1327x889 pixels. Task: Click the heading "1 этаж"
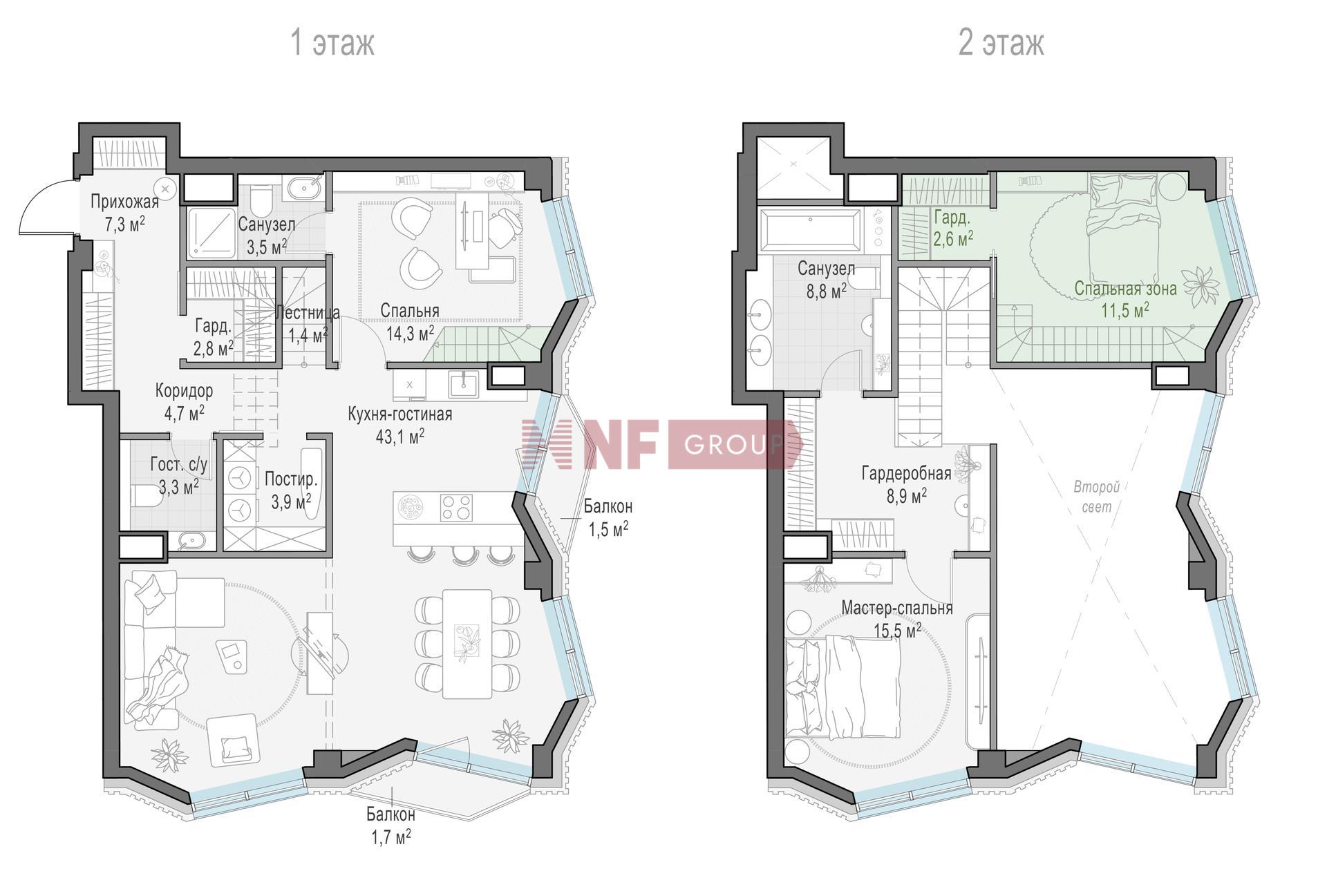point(332,43)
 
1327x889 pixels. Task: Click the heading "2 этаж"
point(1001,43)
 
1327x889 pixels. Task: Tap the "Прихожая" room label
point(125,202)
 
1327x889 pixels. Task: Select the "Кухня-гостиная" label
point(400,414)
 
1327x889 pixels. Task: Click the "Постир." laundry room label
point(291,479)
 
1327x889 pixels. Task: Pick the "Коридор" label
point(184,391)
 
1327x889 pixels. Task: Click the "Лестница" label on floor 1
point(308,313)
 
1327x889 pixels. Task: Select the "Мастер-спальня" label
point(897,609)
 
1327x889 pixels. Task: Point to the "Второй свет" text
point(1097,497)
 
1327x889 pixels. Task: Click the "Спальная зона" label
point(1125,288)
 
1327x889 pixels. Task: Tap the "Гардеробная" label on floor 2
point(906,473)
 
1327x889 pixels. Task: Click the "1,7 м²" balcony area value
point(391,838)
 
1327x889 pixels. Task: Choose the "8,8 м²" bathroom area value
point(827,291)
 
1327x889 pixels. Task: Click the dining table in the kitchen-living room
point(467,644)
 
